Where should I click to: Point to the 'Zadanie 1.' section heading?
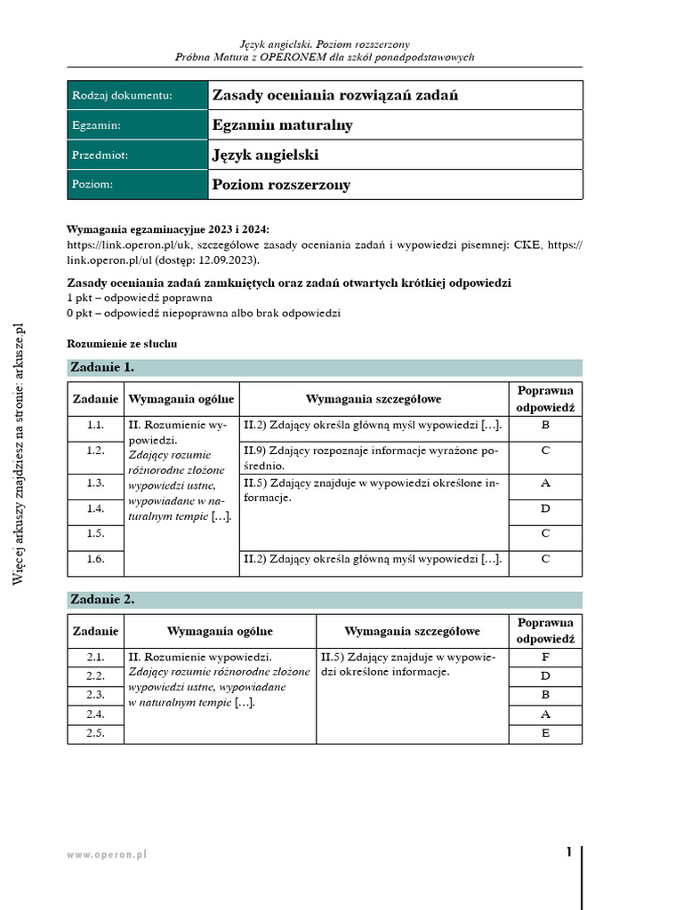coord(103,367)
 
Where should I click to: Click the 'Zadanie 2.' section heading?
coord(103,599)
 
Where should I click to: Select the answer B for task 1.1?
coord(545,426)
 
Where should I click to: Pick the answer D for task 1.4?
coord(545,508)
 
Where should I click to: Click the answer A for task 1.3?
coord(545,483)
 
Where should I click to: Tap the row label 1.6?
coord(95,559)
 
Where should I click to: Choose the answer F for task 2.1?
coord(545,658)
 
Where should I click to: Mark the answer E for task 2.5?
coord(545,733)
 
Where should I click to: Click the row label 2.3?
coord(95,695)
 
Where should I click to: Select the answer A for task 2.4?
coord(545,714)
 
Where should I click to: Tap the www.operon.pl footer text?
coord(107,854)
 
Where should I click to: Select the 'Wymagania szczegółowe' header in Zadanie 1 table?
coord(374,400)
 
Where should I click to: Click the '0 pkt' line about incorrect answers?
coord(204,313)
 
